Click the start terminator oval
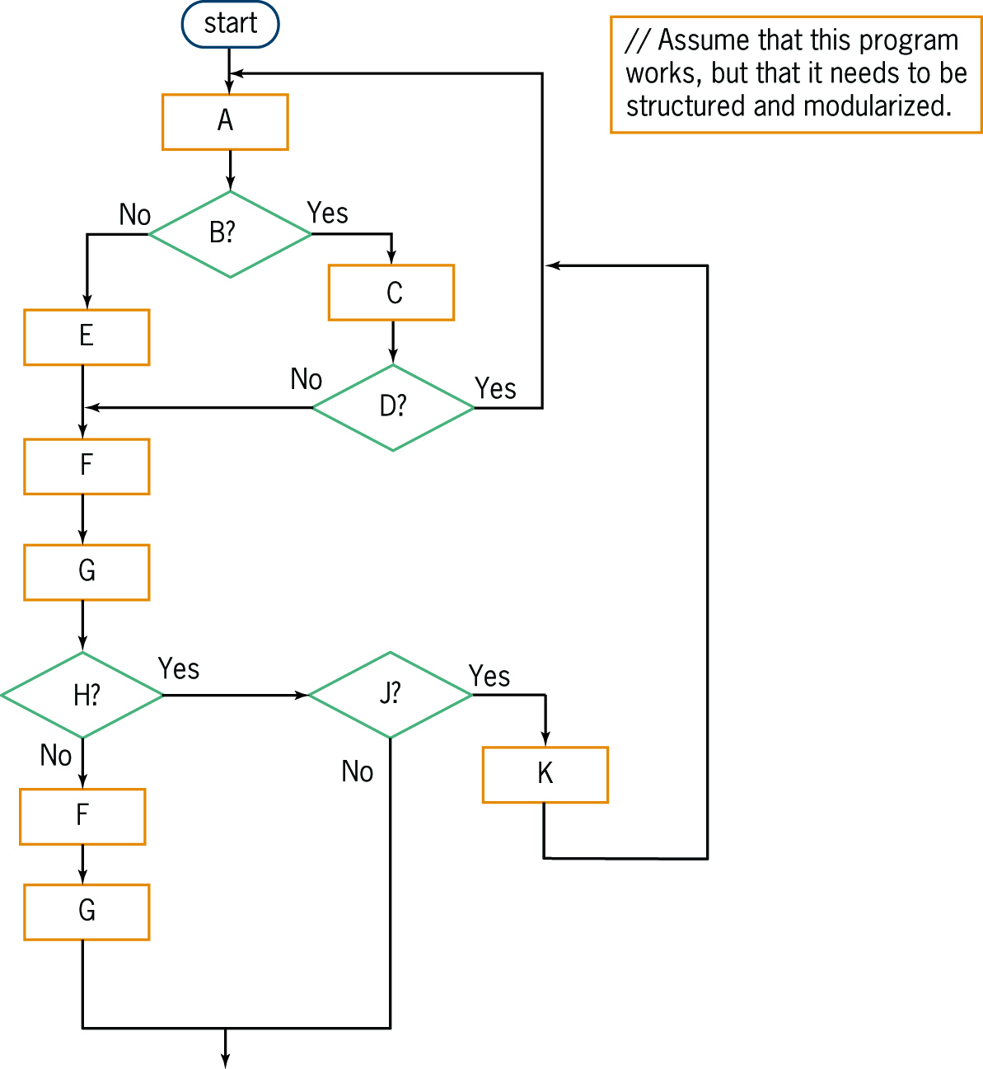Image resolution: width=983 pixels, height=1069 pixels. pyautogui.click(x=230, y=24)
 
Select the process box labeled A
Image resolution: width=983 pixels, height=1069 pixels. pyautogui.click(x=225, y=122)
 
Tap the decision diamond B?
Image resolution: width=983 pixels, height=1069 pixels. pyautogui.click(x=230, y=234)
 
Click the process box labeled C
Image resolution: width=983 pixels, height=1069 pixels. pyautogui.click(x=391, y=293)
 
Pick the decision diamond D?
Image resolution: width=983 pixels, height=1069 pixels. pyautogui.click(x=393, y=407)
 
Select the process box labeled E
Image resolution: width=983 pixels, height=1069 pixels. pyautogui.click(x=87, y=337)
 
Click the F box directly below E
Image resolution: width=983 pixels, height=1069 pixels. pyautogui.click(x=87, y=467)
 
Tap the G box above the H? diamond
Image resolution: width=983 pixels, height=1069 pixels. pyautogui.click(x=87, y=572)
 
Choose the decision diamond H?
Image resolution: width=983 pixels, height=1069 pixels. pyautogui.click(x=82, y=695)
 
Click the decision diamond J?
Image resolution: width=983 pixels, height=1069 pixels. pyautogui.click(x=390, y=695)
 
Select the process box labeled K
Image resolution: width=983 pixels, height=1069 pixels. pyautogui.click(x=545, y=775)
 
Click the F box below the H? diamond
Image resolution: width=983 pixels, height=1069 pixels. pyautogui.click(x=82, y=816)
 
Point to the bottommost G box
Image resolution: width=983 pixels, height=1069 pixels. pyautogui.click(x=87, y=912)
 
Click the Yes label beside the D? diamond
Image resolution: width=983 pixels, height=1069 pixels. pyautogui.click(x=495, y=388)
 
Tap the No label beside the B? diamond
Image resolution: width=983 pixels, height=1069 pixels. pyautogui.click(x=135, y=215)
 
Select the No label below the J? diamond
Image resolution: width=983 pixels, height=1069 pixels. pyautogui.click(x=358, y=771)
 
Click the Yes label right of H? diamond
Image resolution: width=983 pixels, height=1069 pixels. pyautogui.click(x=179, y=668)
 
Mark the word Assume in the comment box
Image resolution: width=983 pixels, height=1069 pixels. pyautogui.click(x=703, y=40)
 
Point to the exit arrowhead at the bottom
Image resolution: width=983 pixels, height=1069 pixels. pyautogui.click(x=225, y=1061)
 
